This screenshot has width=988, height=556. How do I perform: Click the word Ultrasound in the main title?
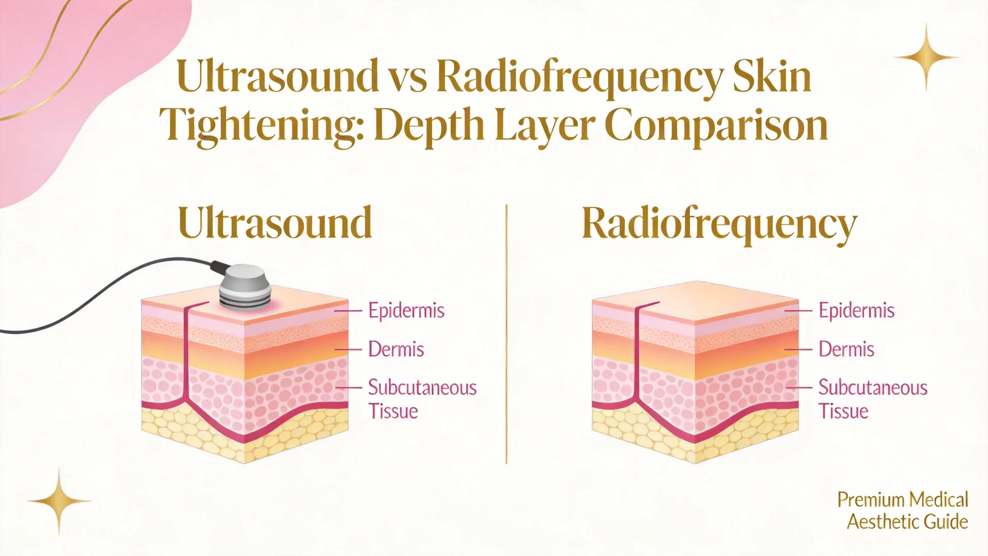(277, 76)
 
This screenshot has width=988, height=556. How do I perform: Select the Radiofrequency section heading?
(719, 225)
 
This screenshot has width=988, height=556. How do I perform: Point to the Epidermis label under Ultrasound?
(406, 311)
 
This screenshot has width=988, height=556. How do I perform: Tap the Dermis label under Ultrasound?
(396, 349)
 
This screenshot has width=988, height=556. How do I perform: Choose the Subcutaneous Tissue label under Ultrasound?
(422, 399)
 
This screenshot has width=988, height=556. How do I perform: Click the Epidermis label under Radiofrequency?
(856, 311)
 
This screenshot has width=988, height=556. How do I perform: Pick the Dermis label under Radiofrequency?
(846, 349)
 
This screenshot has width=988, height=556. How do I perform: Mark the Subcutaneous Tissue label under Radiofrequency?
(873, 399)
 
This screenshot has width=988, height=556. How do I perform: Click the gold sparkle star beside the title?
(926, 57)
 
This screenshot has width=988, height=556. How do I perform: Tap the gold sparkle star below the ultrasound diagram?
(59, 501)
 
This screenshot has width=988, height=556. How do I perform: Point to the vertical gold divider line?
(506, 334)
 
